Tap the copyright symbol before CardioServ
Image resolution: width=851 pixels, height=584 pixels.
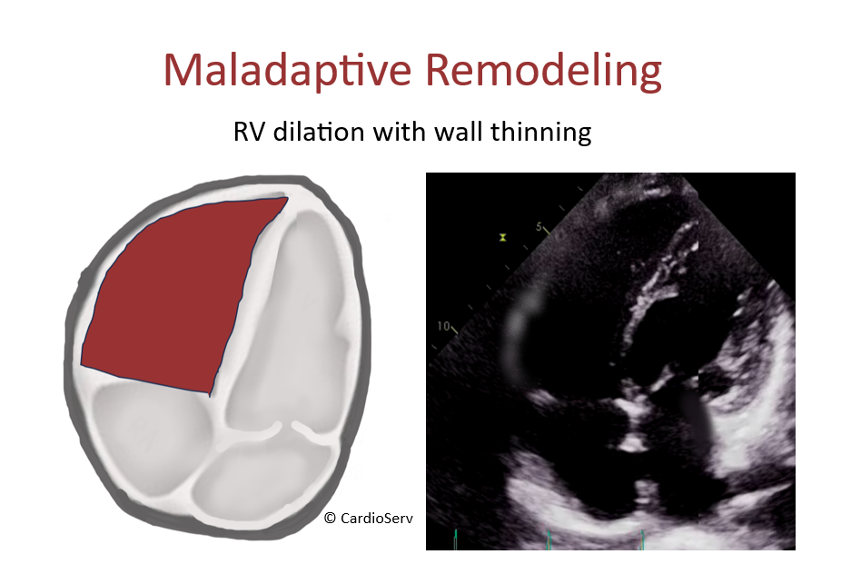point(330,518)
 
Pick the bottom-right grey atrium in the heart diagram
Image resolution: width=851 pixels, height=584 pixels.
point(254,472)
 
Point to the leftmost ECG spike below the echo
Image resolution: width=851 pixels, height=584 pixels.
point(454,541)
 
